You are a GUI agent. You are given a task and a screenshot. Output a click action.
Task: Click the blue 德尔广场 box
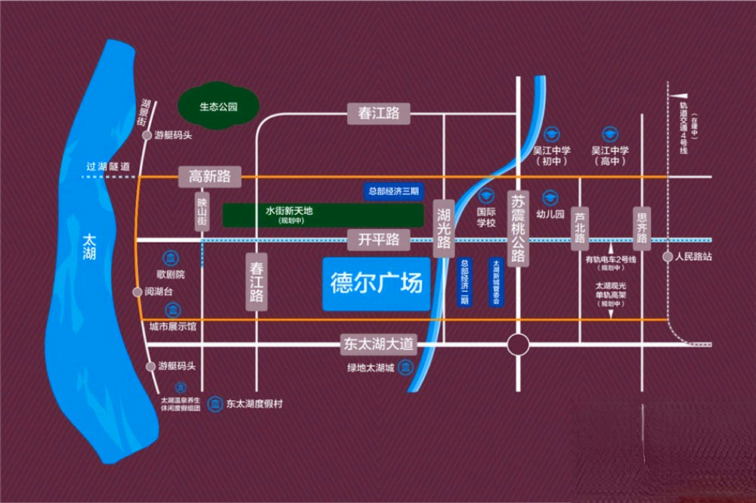point(376,284)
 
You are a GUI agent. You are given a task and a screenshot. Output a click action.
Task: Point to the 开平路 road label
point(378,241)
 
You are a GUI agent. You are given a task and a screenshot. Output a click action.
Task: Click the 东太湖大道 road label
point(378,345)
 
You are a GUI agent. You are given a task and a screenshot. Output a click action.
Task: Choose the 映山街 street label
point(202,213)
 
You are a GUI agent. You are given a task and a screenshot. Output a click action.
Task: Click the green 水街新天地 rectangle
point(323,215)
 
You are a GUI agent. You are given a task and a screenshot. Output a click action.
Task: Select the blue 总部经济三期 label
point(393,191)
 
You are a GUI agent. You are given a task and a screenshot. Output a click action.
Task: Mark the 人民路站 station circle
point(668,257)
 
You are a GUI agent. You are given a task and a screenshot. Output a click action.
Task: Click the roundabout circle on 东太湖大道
point(518,346)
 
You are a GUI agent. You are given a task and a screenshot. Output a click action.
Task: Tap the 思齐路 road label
point(642,226)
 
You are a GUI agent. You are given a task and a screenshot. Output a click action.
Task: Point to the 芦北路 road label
point(580,226)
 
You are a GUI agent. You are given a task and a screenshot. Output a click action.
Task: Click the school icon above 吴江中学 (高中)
point(610,132)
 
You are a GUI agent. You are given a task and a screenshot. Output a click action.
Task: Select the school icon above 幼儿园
point(550,196)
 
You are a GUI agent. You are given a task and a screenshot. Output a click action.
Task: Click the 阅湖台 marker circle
point(137,292)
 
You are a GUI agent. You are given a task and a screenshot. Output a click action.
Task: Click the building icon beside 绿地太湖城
point(406,368)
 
